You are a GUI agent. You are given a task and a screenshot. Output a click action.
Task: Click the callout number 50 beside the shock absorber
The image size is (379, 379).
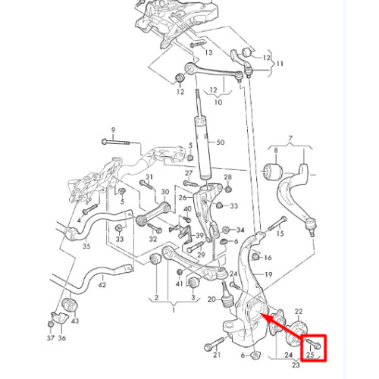[221, 143]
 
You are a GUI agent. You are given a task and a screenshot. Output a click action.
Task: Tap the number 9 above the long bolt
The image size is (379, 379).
[113, 130]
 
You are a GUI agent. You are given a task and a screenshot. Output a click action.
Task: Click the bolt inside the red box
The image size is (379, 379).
[314, 343]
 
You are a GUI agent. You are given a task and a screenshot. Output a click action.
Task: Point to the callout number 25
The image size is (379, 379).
[310, 355]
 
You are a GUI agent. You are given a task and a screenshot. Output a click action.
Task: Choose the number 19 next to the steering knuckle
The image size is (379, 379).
[268, 274]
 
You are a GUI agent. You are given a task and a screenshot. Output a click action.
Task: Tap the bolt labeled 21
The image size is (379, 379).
[214, 344]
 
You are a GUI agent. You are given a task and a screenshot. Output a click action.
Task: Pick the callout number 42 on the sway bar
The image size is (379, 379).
[102, 285]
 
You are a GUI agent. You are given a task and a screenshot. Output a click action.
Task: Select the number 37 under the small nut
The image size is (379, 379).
[51, 338]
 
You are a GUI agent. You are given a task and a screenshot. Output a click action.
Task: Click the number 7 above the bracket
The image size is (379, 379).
[290, 138]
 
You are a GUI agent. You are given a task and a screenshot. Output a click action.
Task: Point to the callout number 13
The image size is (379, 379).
[208, 52]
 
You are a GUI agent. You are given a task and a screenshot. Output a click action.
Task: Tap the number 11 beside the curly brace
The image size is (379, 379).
[280, 64]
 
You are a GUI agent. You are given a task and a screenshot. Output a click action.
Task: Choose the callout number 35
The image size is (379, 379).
[86, 246]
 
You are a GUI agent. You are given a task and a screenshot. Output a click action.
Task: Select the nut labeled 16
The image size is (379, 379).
[255, 257]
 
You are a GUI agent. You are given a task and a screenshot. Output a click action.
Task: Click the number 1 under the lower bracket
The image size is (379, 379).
[174, 310]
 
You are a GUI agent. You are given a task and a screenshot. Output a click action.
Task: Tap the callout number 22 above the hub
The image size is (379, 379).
[299, 312]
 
